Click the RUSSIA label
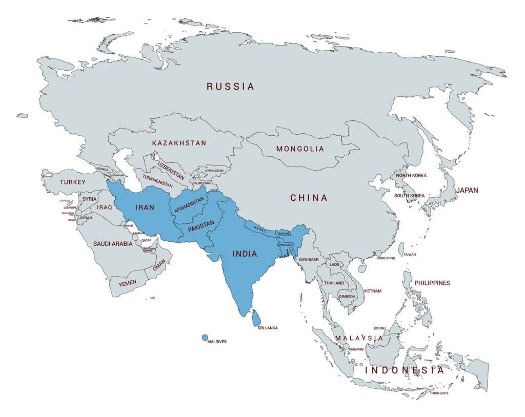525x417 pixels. coord(230,87)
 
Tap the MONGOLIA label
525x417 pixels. coord(300,149)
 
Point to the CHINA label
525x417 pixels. coord(309,198)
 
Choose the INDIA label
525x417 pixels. coord(246,254)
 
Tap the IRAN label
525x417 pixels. coord(145,208)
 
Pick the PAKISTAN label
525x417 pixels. coord(201,226)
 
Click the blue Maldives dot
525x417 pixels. coord(205,338)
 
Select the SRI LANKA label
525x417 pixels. coord(268,328)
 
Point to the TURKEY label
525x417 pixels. coord(73,182)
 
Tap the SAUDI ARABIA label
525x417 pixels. coord(113,244)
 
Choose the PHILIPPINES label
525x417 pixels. coord(432,283)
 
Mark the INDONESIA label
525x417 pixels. coord(405,370)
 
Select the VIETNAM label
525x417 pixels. coord(373,291)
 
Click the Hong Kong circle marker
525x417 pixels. coord(378,253)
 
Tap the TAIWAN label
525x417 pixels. coord(410,255)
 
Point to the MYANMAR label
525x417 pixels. coord(309,260)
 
